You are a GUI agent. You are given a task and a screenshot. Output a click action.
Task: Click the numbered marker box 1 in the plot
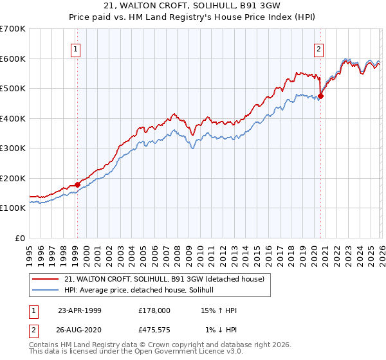[76, 48]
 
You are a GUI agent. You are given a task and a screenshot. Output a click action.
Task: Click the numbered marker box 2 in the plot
[318, 48]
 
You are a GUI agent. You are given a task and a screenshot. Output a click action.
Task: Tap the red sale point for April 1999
[78, 185]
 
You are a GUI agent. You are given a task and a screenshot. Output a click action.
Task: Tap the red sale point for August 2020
[320, 96]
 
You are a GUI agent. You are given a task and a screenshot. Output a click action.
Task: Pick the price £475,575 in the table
[155, 330]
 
